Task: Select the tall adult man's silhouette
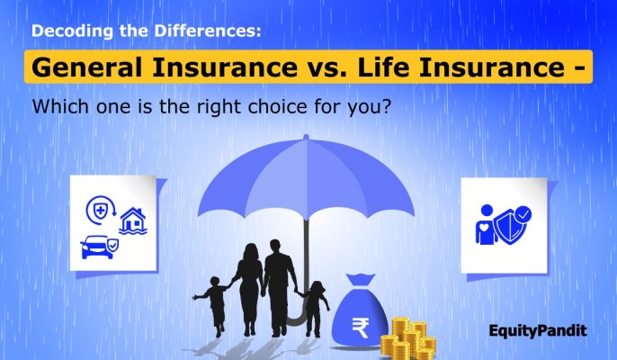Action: point(281,270)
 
